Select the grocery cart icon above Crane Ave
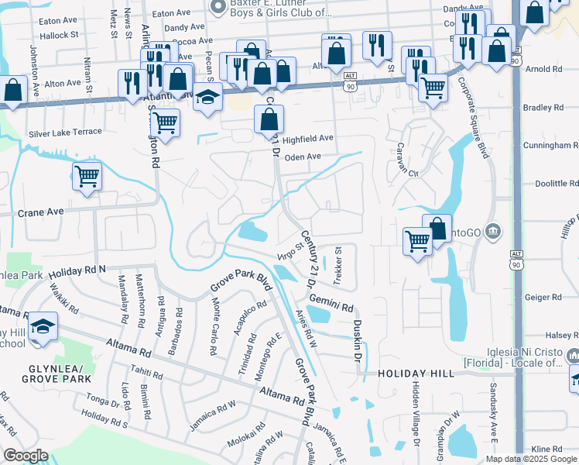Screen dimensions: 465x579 87,176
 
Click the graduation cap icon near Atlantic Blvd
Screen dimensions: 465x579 207,98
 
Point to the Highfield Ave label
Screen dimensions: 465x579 308,138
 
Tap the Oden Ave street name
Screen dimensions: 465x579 303,157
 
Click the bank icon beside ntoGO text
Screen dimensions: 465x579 495,231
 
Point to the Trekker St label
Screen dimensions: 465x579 338,266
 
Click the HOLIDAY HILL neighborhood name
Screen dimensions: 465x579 416,374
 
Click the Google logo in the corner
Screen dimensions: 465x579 26,456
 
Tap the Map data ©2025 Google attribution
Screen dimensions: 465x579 530,459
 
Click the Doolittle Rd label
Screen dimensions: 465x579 556,184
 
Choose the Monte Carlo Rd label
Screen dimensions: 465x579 213,327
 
